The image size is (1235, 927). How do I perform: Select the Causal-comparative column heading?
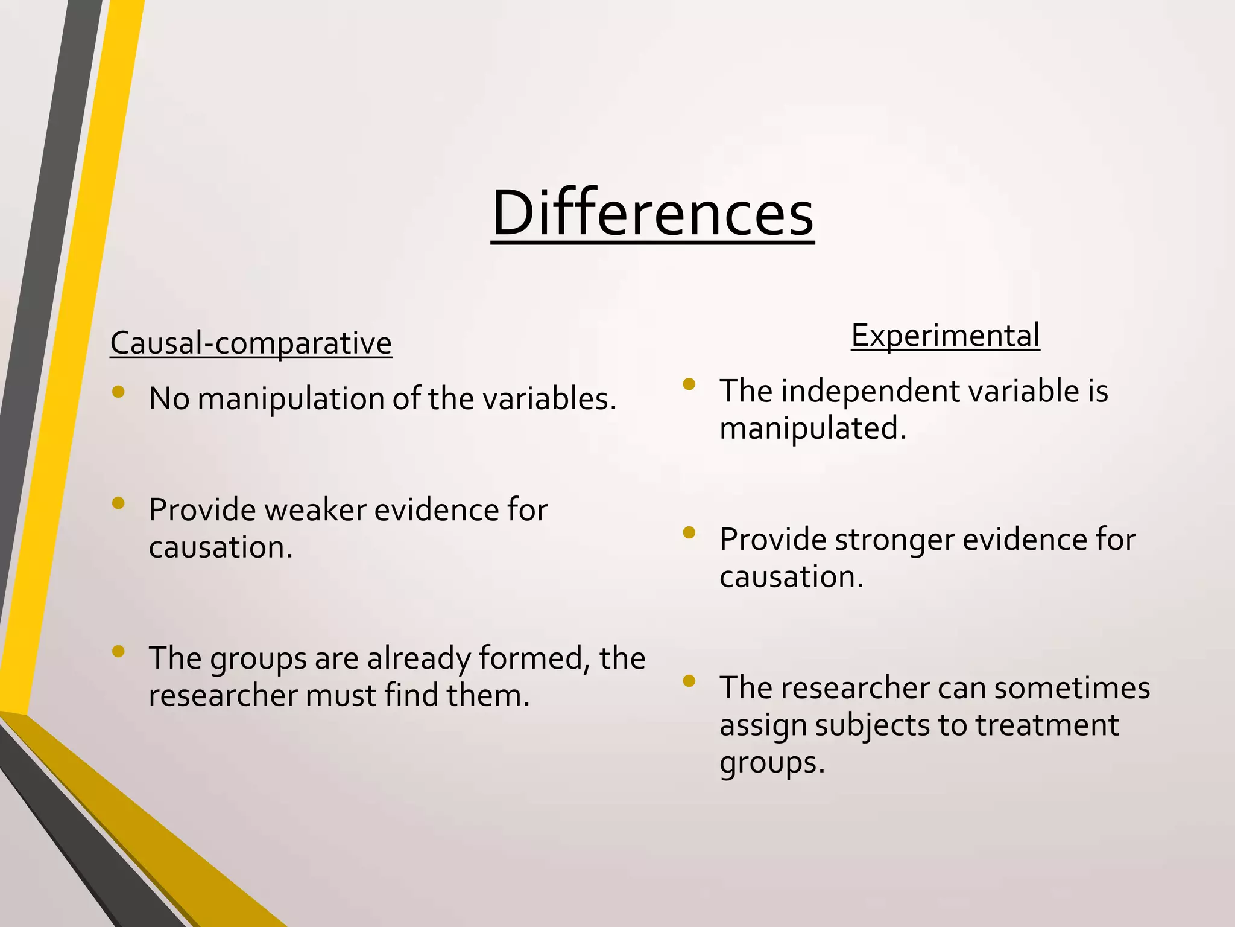[x=251, y=343]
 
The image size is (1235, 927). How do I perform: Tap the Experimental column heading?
[x=945, y=336]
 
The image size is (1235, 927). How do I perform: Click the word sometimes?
[x=1072, y=688]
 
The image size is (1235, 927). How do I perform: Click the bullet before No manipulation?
[x=118, y=392]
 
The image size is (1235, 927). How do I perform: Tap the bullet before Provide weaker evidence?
[x=118, y=503]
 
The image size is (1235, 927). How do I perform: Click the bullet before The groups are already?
[x=118, y=651]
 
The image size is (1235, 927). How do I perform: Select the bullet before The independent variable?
[x=689, y=384]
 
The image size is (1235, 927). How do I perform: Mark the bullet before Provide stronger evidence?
[x=689, y=532]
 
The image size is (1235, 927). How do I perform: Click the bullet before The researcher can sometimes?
[x=689, y=681]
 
